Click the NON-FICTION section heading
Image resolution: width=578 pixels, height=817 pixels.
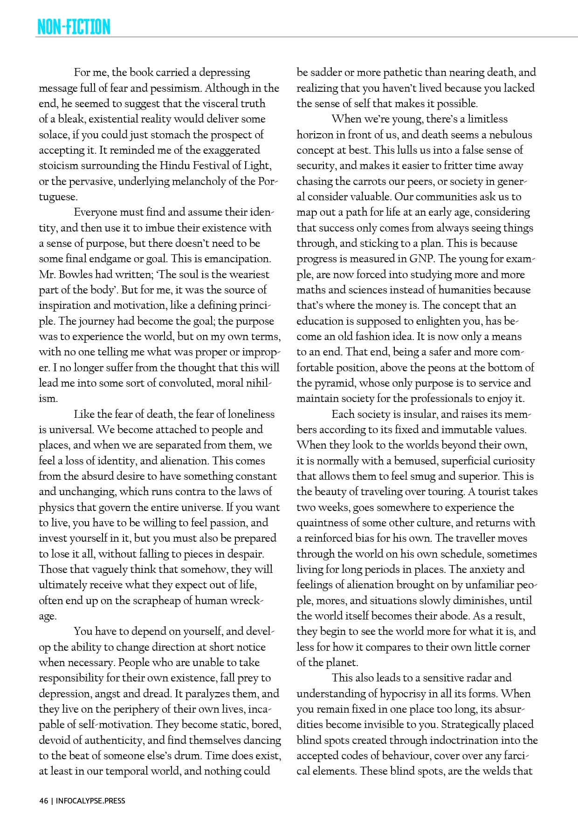click(x=74, y=27)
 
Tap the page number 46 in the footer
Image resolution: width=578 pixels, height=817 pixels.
click(x=43, y=801)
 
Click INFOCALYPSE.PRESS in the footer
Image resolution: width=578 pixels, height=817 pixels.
click(x=90, y=801)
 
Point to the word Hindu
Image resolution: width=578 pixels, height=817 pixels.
click(x=175, y=166)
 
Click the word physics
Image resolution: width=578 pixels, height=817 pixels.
click(x=57, y=508)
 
